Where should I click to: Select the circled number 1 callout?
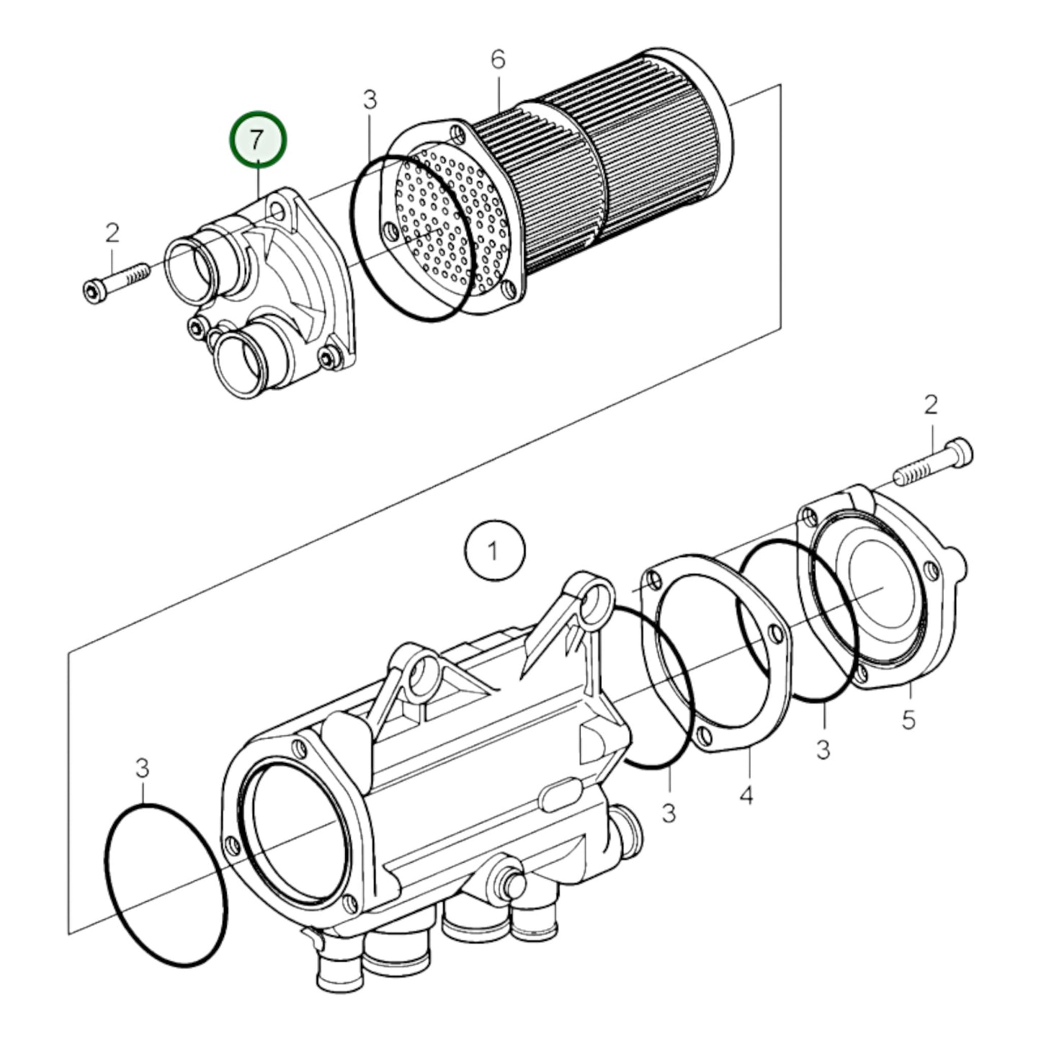pos(494,551)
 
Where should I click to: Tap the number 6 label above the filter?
pos(499,61)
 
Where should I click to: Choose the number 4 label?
pos(746,795)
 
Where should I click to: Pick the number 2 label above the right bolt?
pos(931,405)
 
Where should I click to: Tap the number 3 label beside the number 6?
pos(370,100)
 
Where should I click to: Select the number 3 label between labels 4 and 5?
pos(823,749)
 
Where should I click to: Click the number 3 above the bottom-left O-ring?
pos(143,769)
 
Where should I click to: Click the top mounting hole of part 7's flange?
pos(275,211)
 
